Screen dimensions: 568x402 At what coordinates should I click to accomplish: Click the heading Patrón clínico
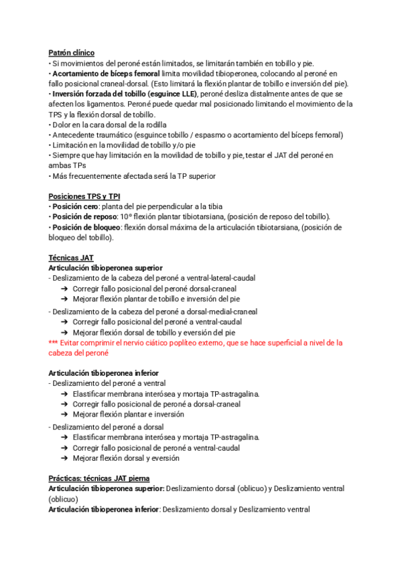click(x=72, y=52)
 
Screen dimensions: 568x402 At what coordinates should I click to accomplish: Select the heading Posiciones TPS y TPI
click(x=84, y=196)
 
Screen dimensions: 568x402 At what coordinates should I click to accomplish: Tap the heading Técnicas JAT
click(x=71, y=258)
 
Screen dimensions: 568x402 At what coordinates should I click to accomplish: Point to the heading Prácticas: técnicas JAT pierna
click(x=99, y=478)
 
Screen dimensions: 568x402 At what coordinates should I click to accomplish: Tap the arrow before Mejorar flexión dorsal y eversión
click(x=64, y=458)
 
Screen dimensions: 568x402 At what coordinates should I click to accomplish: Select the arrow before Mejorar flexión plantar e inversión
click(x=64, y=415)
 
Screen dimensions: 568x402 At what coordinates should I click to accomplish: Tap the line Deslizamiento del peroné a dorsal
click(x=107, y=427)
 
